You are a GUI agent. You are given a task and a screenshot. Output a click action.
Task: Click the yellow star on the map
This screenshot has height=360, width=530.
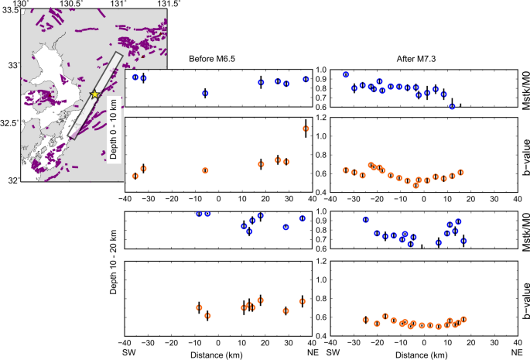click(x=94, y=94)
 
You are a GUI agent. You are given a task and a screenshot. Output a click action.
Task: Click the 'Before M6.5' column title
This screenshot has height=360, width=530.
click(x=218, y=60)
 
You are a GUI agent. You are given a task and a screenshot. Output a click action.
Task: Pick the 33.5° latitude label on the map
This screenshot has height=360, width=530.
click(x=9, y=10)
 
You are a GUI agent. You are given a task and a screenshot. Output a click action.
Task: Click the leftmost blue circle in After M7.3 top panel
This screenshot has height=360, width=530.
click(x=346, y=74)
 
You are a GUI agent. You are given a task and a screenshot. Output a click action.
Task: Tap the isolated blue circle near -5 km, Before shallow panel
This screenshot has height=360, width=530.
click(x=205, y=93)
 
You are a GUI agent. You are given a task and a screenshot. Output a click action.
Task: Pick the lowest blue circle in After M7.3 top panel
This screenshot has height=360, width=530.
click(x=452, y=106)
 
